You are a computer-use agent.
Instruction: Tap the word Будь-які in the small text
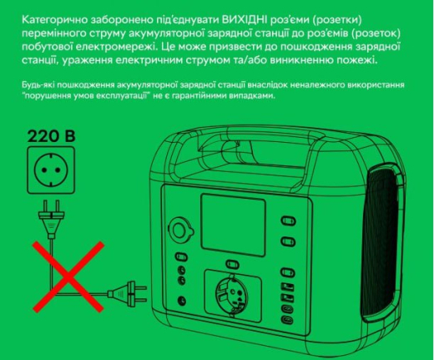(38, 85)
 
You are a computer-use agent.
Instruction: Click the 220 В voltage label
(52, 136)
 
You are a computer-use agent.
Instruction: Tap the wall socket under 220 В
(51, 170)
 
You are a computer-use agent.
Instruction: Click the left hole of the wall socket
(43, 170)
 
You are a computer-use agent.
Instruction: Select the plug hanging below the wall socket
(51, 219)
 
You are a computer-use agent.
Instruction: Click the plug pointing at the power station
(127, 293)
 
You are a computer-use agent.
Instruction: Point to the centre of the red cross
(68, 276)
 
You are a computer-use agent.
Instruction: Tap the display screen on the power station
(233, 226)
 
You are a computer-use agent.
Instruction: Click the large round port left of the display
(181, 231)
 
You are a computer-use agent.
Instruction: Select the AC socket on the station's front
(231, 295)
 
